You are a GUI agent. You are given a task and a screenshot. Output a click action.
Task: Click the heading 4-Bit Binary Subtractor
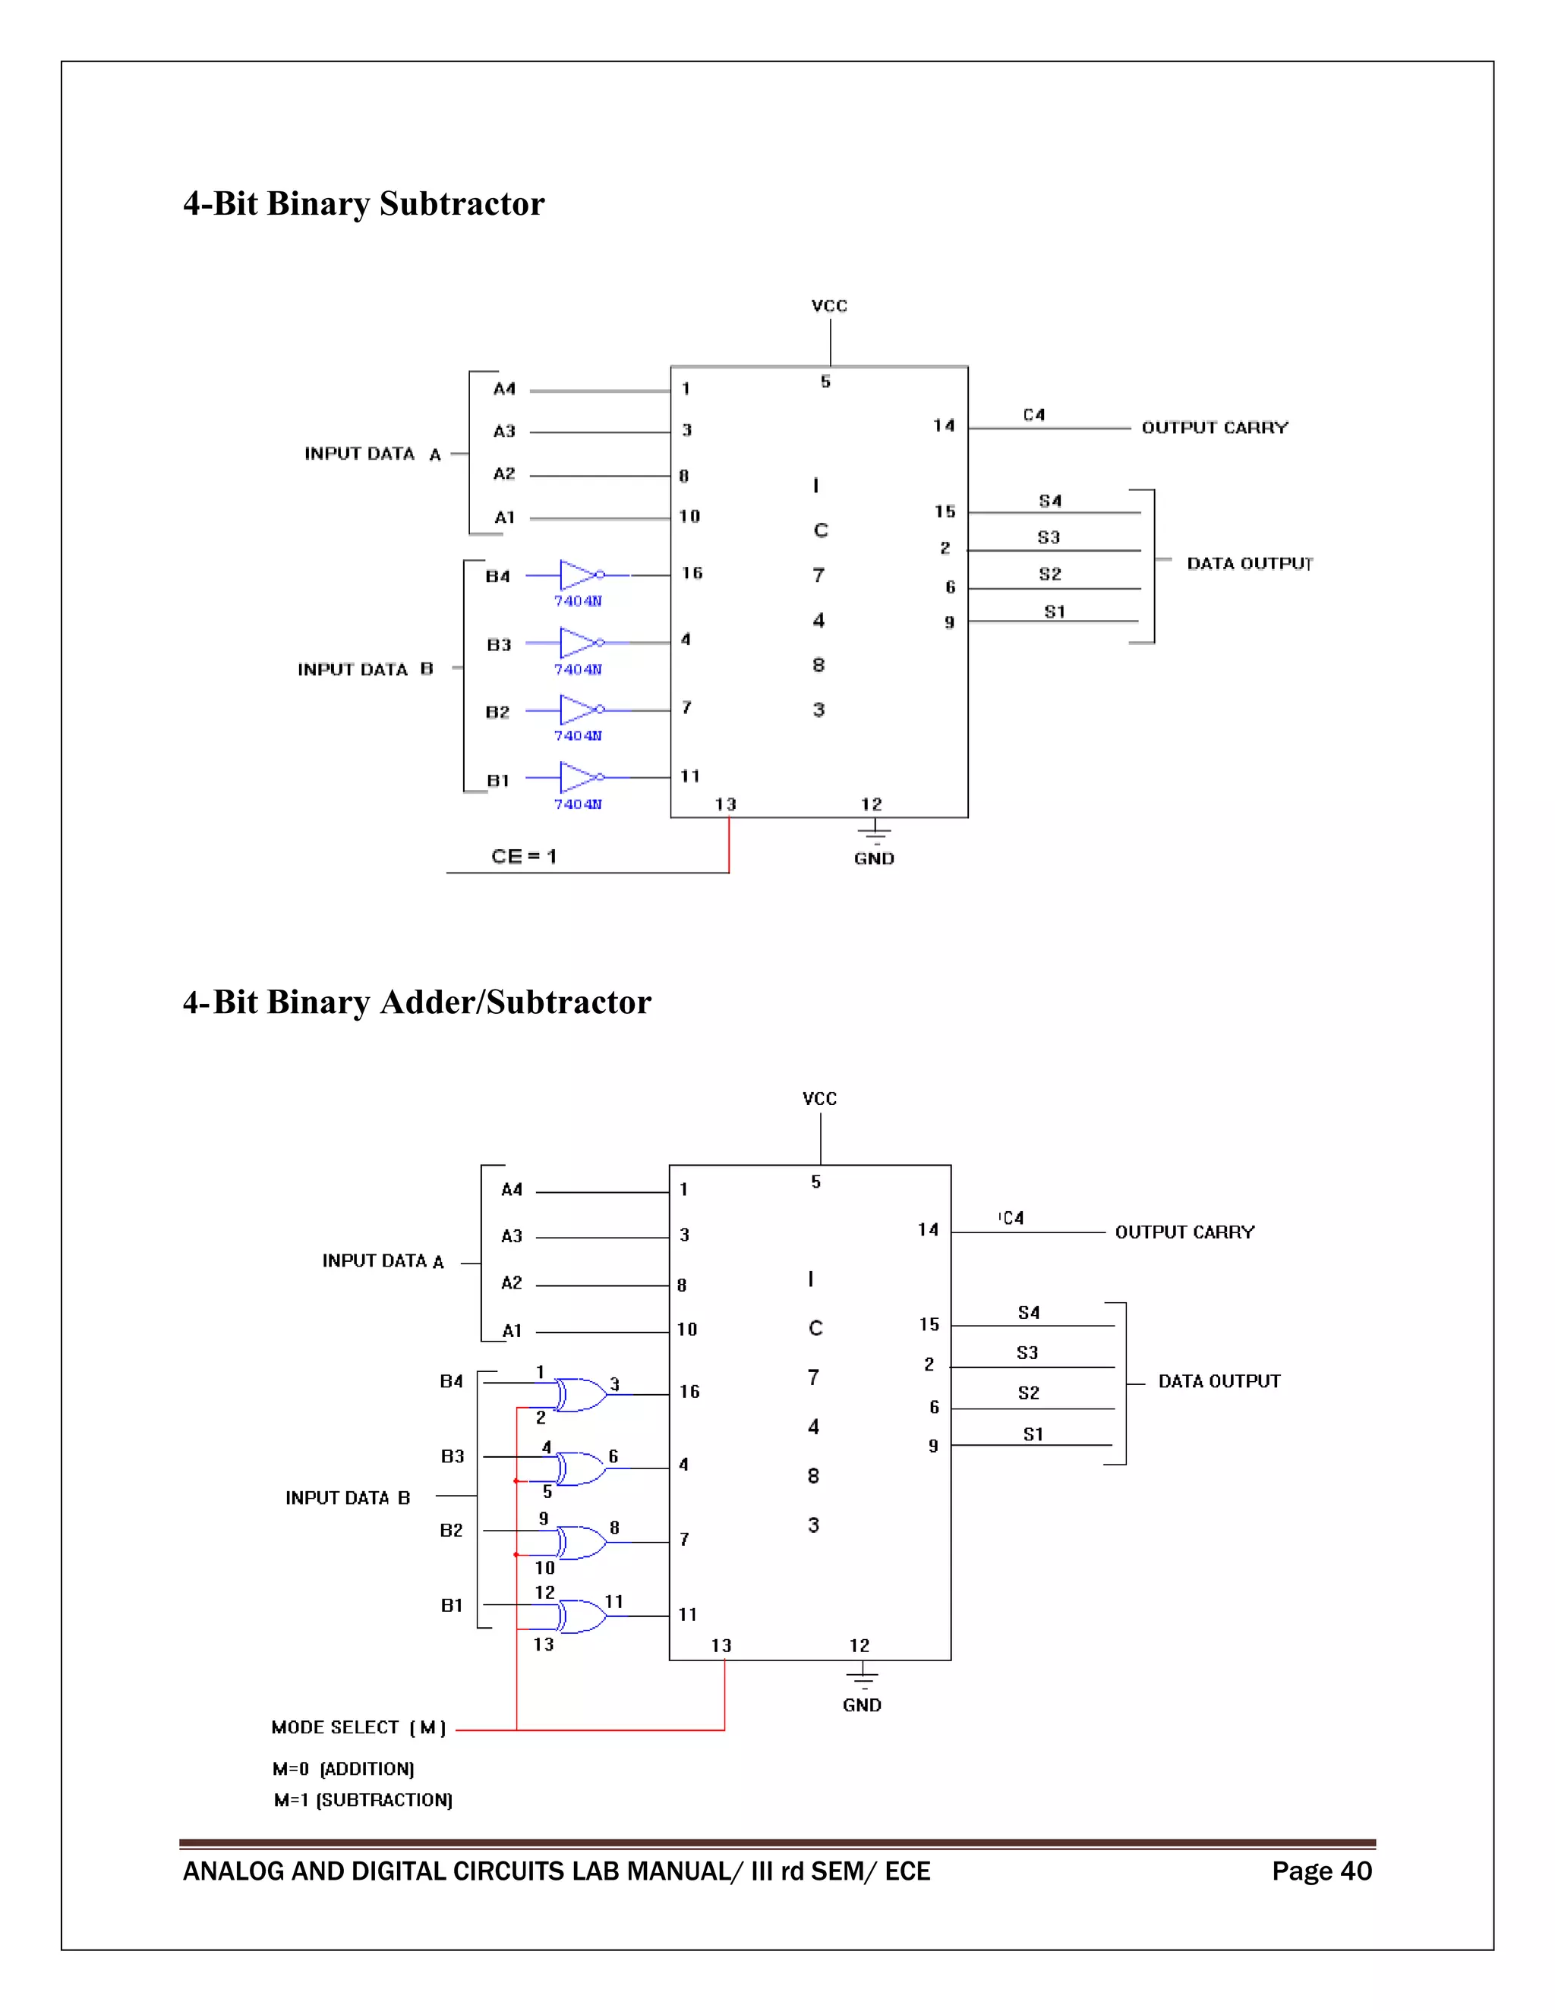tap(364, 203)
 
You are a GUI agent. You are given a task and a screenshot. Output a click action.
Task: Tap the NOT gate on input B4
tap(579, 574)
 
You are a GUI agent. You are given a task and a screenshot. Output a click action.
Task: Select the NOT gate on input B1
tap(579, 777)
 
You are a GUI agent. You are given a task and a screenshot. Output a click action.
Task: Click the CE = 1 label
tap(523, 856)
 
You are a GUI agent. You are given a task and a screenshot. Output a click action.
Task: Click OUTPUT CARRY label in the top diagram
tap(1214, 427)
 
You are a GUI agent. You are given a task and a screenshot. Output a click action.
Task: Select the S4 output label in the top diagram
tap(1049, 501)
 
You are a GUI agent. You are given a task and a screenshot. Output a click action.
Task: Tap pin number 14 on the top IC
tap(943, 426)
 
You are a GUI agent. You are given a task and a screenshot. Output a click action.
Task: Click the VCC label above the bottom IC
tap(819, 1099)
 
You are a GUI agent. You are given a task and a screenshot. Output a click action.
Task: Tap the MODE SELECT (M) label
tap(358, 1727)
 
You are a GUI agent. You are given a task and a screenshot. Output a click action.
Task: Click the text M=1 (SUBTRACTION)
tap(362, 1799)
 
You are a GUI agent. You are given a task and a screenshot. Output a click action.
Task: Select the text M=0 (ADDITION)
tap(342, 1769)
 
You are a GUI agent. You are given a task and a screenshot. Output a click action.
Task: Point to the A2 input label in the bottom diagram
tap(511, 1282)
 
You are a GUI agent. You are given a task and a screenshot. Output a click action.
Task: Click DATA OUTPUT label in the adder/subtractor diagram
tap(1219, 1381)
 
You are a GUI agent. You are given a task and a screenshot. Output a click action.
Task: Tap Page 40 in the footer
tap(1321, 1871)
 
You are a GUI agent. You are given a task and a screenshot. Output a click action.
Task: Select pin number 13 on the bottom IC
tap(721, 1645)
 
